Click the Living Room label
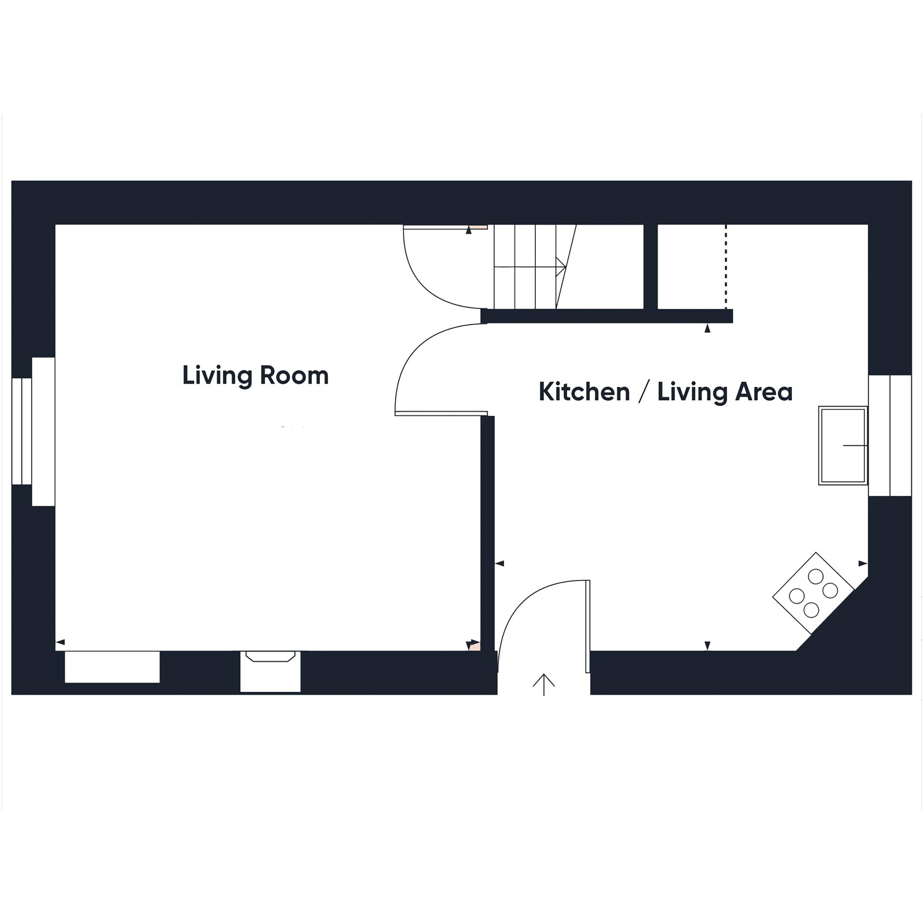pyautogui.click(x=255, y=376)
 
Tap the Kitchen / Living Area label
pyautogui.click(x=665, y=392)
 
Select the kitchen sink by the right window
pyautogui.click(x=843, y=445)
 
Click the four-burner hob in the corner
pyautogui.click(x=813, y=593)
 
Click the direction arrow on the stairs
pyautogui.click(x=530, y=266)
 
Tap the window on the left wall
pyautogui.click(x=33, y=431)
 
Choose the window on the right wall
pyautogui.click(x=890, y=435)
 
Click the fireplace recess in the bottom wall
pyautogui.click(x=270, y=671)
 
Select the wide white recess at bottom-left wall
pyautogui.click(x=112, y=666)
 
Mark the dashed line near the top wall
pyautogui.click(x=726, y=267)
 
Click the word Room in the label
pyautogui.click(x=294, y=376)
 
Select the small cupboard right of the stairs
pyautogui.click(x=692, y=267)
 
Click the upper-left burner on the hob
pyautogui.click(x=815, y=576)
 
